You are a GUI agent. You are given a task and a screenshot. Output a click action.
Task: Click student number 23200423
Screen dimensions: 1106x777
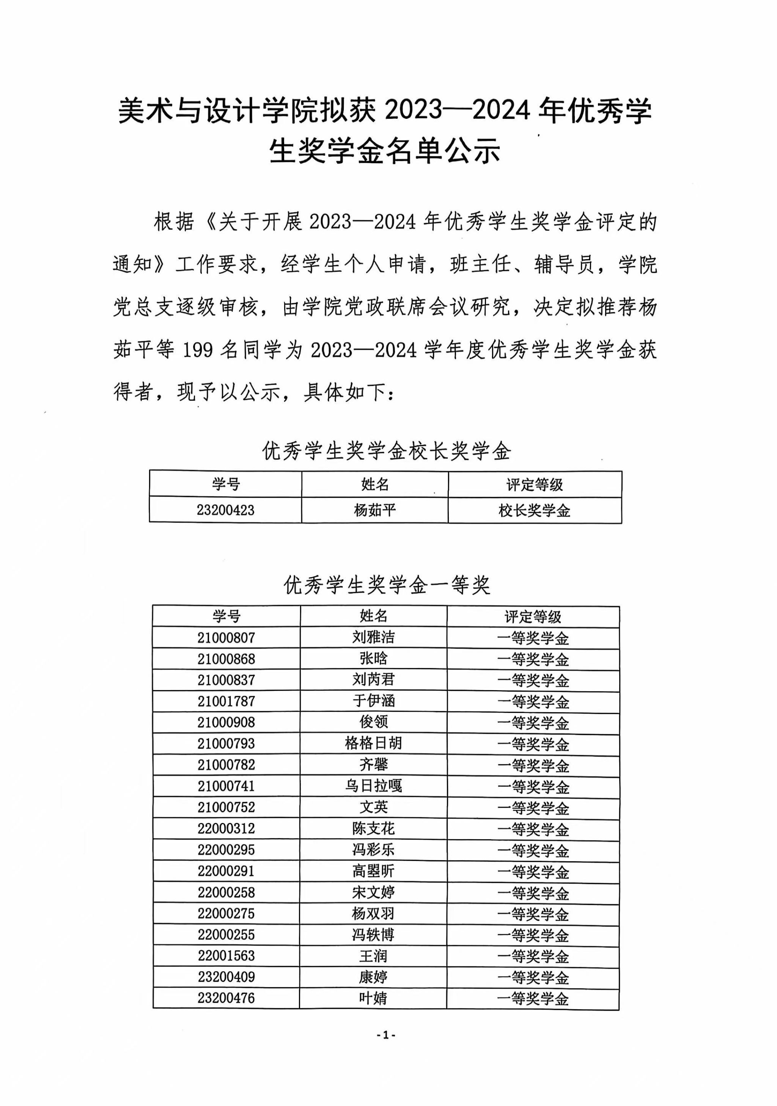pyautogui.click(x=225, y=510)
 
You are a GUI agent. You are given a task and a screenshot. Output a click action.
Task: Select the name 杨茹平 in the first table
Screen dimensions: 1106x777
pyautogui.click(x=374, y=510)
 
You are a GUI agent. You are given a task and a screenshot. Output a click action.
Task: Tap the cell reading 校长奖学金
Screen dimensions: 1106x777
pyautogui.click(x=534, y=511)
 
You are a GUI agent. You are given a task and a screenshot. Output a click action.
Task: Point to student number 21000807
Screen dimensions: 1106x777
pyautogui.click(x=225, y=638)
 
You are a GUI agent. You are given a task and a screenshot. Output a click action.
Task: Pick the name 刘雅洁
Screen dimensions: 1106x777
pyautogui.click(x=373, y=637)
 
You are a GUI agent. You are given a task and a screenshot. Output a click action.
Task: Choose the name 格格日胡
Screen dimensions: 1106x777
pyautogui.click(x=373, y=743)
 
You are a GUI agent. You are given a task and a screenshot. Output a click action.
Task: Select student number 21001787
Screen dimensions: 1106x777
pyautogui.click(x=225, y=702)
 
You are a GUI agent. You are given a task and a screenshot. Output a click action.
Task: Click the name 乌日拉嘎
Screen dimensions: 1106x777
pyautogui.click(x=373, y=786)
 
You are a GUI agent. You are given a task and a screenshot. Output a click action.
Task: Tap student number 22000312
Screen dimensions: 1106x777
pyautogui.click(x=225, y=829)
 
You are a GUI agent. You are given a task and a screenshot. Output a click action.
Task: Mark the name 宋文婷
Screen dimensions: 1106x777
pyautogui.click(x=373, y=892)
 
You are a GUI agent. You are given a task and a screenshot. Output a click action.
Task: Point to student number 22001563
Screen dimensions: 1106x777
pyautogui.click(x=225, y=956)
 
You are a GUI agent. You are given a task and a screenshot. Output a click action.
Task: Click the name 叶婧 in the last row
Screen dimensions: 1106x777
pyautogui.click(x=373, y=998)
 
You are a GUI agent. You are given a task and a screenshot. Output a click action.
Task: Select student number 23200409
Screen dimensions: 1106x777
pyautogui.click(x=225, y=977)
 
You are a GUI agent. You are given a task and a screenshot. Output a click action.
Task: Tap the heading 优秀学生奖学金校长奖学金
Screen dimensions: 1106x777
pyautogui.click(x=386, y=452)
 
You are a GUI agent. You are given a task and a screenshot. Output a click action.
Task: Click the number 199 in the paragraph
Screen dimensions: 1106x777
pyautogui.click(x=198, y=350)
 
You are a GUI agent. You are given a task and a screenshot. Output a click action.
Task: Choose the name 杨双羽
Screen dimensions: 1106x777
pyautogui.click(x=373, y=913)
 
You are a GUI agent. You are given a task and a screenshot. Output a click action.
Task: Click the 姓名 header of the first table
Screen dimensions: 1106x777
pyautogui.click(x=374, y=484)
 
